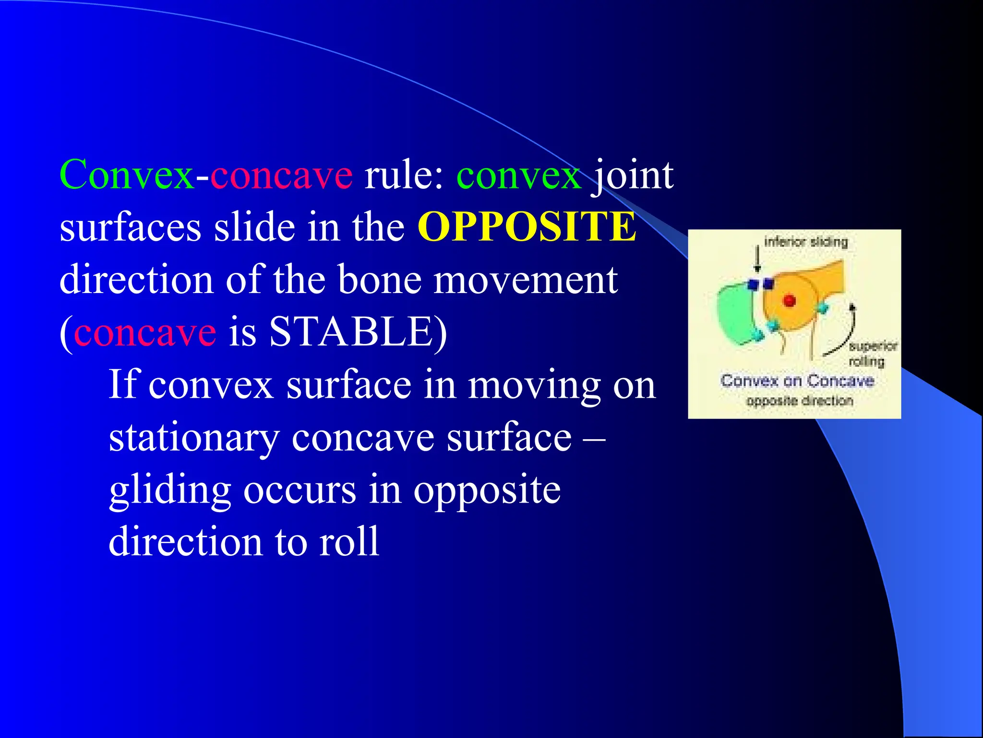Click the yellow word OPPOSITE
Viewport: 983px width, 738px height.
[527, 227]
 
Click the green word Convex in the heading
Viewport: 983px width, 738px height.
[127, 175]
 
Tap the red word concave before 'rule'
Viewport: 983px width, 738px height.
[281, 175]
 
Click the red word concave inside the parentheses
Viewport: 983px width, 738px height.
[145, 332]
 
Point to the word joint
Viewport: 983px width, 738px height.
[633, 175]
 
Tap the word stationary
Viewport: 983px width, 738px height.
[194, 438]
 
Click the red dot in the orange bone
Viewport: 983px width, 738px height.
[789, 301]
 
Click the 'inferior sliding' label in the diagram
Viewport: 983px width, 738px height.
[806, 242]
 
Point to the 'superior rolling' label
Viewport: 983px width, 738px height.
[871, 353]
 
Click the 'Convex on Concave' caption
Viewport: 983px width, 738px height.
[797, 381]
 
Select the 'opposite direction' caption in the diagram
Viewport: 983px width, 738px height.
[800, 401]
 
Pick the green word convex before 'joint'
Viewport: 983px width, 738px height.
[518, 175]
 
